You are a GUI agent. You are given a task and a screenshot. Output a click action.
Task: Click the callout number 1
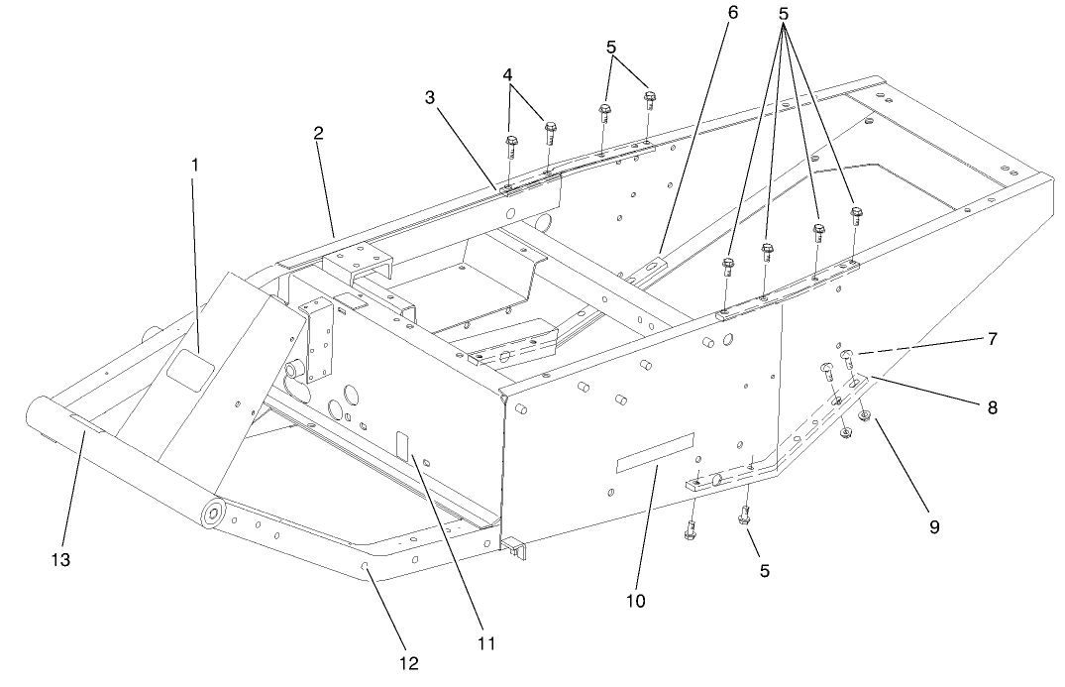tap(194, 165)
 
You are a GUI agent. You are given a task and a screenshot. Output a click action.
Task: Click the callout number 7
tap(992, 338)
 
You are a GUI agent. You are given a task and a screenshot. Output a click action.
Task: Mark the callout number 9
tap(933, 527)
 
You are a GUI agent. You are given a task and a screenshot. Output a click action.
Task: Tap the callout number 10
tap(634, 601)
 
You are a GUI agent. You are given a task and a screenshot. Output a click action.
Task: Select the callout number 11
tap(484, 643)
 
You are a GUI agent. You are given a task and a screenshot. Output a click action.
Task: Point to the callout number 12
tap(382, 662)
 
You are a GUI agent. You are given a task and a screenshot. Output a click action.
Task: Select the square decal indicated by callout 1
tap(189, 369)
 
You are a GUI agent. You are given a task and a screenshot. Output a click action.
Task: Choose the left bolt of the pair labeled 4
tap(510, 149)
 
